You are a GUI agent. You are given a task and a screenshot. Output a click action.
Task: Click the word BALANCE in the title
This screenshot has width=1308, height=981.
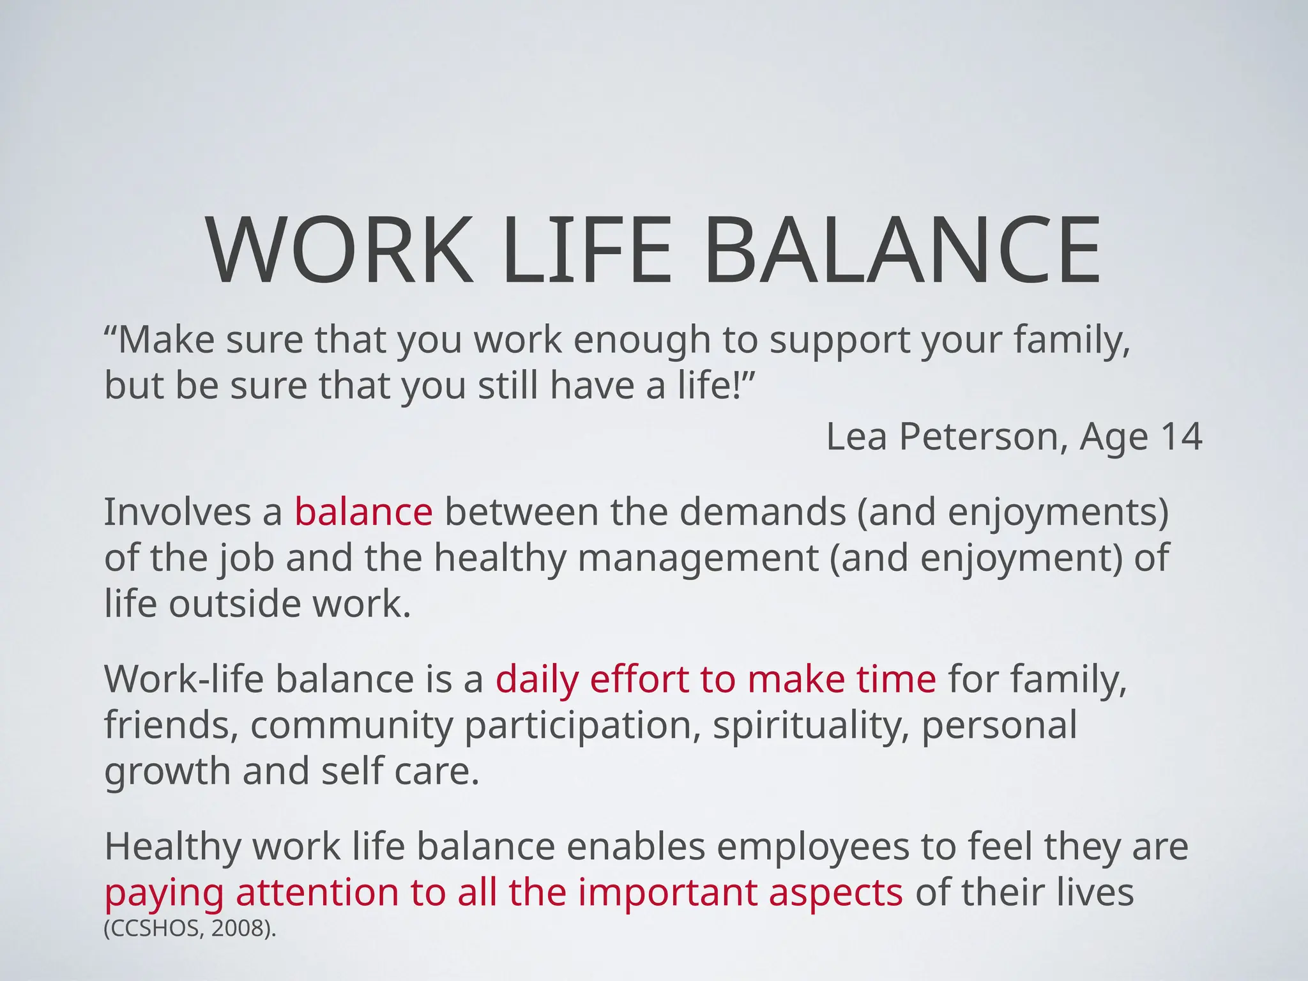click(901, 250)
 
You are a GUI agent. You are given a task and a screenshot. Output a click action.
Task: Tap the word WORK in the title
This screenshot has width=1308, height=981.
click(339, 250)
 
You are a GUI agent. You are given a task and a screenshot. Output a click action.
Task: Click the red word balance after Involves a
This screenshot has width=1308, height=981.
click(363, 512)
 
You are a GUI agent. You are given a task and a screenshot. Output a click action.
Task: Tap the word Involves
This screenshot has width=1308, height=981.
click(178, 512)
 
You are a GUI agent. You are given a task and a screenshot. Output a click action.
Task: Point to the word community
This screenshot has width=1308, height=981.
click(351, 726)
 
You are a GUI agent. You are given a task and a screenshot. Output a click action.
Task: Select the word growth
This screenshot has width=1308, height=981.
click(167, 772)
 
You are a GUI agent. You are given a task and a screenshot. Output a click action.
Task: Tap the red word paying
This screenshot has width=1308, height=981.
click(164, 894)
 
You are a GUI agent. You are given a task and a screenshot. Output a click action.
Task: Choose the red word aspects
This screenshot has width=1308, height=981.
click(835, 894)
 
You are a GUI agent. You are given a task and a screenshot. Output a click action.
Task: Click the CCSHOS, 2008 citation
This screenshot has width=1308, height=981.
click(190, 929)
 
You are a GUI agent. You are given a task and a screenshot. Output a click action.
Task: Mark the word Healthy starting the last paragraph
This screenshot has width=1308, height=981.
click(172, 847)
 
